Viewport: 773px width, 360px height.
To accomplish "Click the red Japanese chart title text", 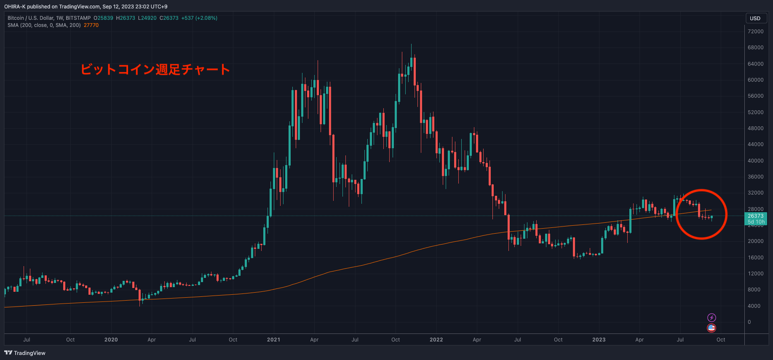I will pyautogui.click(x=155, y=69).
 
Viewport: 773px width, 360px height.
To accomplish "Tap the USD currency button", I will pyautogui.click(x=755, y=18).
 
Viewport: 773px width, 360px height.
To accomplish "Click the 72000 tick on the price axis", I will pyautogui.click(x=755, y=32).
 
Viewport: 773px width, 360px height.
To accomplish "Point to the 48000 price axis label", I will pyautogui.click(x=755, y=128).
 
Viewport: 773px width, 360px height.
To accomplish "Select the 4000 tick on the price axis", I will pyautogui.click(x=754, y=306).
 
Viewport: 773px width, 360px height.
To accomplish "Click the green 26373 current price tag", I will pyautogui.click(x=756, y=216).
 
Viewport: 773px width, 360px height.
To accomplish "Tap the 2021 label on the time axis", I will pyautogui.click(x=273, y=340).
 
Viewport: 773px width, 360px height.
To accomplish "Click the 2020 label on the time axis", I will pyautogui.click(x=111, y=340).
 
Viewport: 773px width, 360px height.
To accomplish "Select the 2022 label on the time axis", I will pyautogui.click(x=436, y=340).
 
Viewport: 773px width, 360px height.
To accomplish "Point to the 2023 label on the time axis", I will pyautogui.click(x=599, y=340).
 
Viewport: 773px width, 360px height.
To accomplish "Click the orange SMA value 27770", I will pyautogui.click(x=91, y=25).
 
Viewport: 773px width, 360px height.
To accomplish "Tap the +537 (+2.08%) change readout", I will pyautogui.click(x=199, y=18).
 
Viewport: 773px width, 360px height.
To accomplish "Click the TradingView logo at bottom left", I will pyautogui.click(x=25, y=353).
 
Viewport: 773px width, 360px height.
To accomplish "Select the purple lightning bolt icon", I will pyautogui.click(x=711, y=317).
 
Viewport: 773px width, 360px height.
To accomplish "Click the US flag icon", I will pyautogui.click(x=711, y=328).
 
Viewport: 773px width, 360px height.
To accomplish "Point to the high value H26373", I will pyautogui.click(x=126, y=18).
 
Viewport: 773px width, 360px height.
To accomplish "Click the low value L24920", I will pyautogui.click(x=147, y=18).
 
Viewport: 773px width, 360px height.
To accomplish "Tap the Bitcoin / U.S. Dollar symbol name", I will pyautogui.click(x=31, y=18).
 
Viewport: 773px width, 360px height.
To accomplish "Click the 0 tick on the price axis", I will pyautogui.click(x=749, y=322).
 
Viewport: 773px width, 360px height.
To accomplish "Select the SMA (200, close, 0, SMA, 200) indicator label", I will pyautogui.click(x=44, y=25).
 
